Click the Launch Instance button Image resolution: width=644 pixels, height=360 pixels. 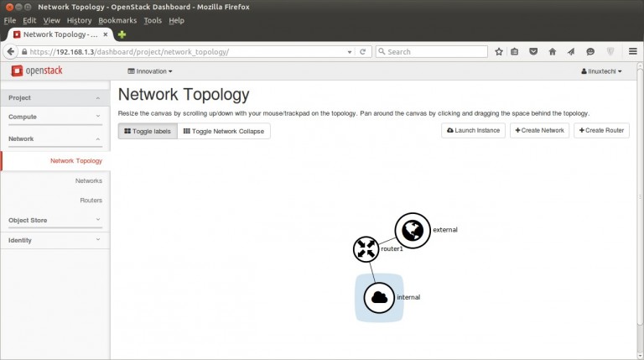(473, 130)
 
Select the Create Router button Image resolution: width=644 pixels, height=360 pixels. (601, 130)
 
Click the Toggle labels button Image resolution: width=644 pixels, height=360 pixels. (148, 131)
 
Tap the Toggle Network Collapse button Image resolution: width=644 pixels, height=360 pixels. (224, 131)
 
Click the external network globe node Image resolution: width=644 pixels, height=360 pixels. (413, 231)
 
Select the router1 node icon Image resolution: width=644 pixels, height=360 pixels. (366, 249)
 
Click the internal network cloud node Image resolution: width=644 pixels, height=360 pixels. (379, 298)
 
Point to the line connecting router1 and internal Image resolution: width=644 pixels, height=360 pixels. (372, 272)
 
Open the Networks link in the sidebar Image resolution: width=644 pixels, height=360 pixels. (89, 180)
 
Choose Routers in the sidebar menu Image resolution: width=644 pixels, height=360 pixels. (91, 201)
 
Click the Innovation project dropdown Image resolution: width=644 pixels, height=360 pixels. (150, 71)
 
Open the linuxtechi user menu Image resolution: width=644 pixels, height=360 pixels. (601, 71)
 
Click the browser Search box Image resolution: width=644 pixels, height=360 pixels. (432, 52)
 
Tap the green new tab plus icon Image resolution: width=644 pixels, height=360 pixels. (122, 34)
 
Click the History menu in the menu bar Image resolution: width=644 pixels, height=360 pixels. (79, 20)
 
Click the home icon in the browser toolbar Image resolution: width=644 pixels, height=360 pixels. (553, 52)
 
